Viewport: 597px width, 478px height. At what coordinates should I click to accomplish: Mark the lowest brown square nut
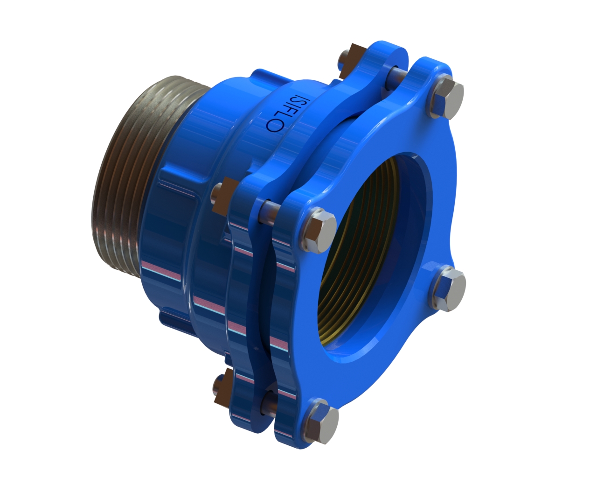(224, 385)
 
